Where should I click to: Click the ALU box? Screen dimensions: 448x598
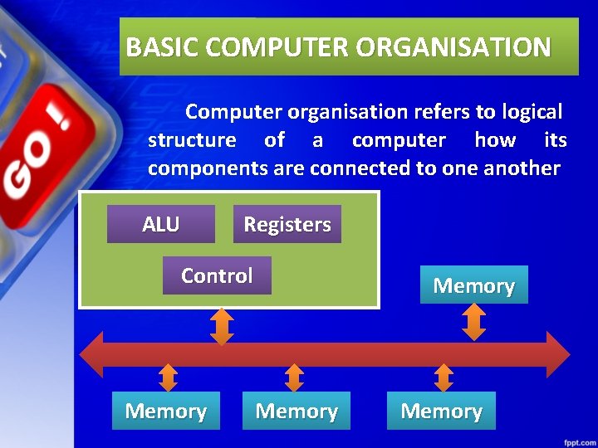coord(160,224)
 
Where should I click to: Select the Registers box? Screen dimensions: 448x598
coord(287,224)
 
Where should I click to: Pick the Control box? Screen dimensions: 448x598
coord(217,275)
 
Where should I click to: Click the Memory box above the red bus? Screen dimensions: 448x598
coord(473,285)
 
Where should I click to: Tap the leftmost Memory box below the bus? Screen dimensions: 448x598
coord(165,411)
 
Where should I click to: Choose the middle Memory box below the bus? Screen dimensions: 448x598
coord(297,411)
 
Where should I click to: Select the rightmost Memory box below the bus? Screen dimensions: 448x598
coord(441,411)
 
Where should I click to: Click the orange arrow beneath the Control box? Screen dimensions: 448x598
coord(222,326)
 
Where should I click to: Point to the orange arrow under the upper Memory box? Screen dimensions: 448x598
coord(473,322)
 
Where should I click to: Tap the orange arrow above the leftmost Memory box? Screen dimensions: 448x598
coord(168,377)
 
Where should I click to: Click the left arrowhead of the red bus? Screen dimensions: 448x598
coord(91,354)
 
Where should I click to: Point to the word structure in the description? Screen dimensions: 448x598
coord(191,140)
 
